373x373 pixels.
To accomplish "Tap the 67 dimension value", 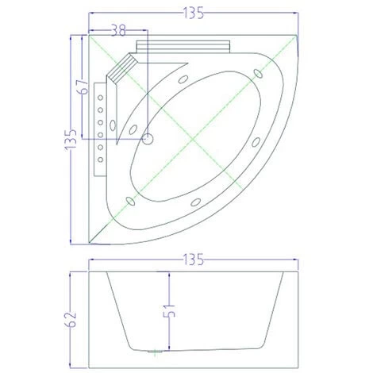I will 81,87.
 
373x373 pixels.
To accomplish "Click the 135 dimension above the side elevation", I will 193,259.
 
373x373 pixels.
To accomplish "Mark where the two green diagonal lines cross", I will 193,139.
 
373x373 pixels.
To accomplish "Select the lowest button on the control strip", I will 99,161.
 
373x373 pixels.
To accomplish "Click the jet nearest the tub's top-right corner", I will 257,74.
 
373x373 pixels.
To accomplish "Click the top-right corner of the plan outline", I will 298,36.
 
